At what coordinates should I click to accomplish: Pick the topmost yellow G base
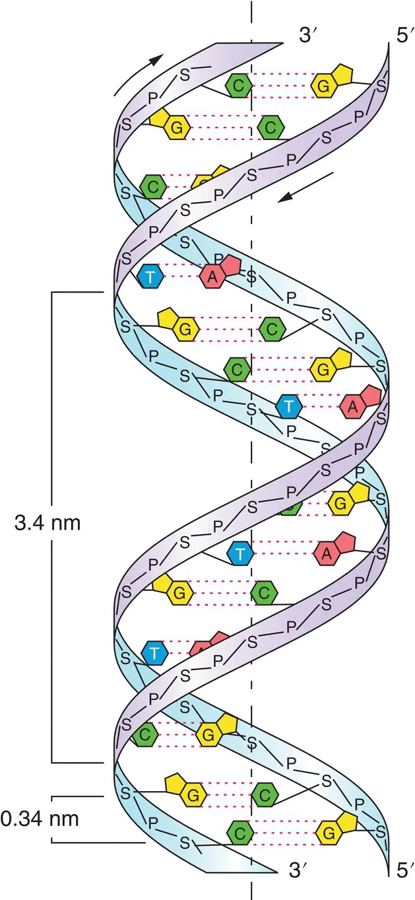click(323, 85)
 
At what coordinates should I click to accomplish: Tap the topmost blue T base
click(151, 276)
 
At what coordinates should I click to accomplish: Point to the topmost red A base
click(212, 276)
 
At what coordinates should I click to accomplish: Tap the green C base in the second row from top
click(270, 125)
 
